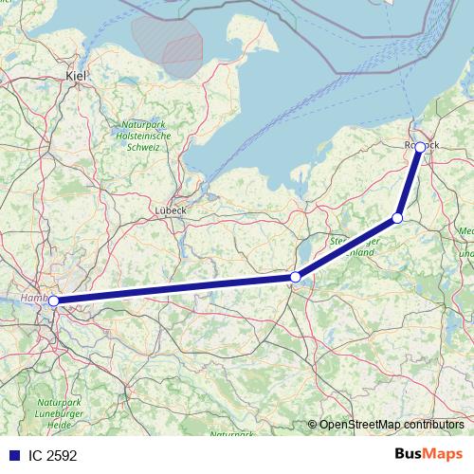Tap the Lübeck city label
point(171,210)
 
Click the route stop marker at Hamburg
point(54,301)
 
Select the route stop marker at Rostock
point(420,147)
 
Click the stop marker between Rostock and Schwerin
point(398,218)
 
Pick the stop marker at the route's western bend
point(296,277)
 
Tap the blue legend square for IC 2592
point(11,455)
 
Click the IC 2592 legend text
point(52,455)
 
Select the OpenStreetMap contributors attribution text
point(392,425)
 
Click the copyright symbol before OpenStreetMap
point(313,425)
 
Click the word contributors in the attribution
point(431,425)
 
